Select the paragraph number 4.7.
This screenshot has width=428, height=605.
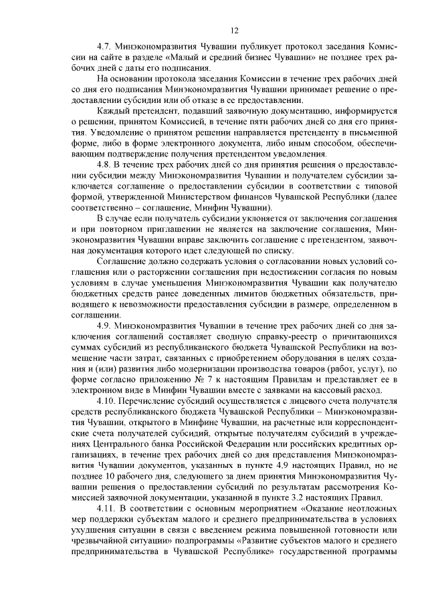104,48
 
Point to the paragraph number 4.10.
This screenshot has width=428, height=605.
107,400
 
